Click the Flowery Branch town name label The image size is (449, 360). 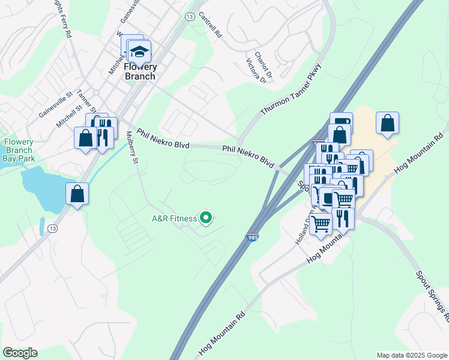[x=139, y=71]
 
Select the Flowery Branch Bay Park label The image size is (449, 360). [x=18, y=151]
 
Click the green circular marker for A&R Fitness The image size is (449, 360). [x=206, y=218]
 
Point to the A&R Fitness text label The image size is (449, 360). [x=174, y=218]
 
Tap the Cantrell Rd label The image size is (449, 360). [x=210, y=25]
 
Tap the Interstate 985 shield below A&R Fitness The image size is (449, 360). [x=253, y=238]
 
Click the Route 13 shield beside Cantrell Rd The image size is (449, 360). [x=190, y=17]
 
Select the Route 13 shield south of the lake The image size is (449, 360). [x=53, y=229]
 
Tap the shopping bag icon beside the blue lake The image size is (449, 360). [x=77, y=194]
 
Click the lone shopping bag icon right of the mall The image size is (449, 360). [x=388, y=124]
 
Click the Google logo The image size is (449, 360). [x=20, y=353]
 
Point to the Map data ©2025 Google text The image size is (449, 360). [x=412, y=355]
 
